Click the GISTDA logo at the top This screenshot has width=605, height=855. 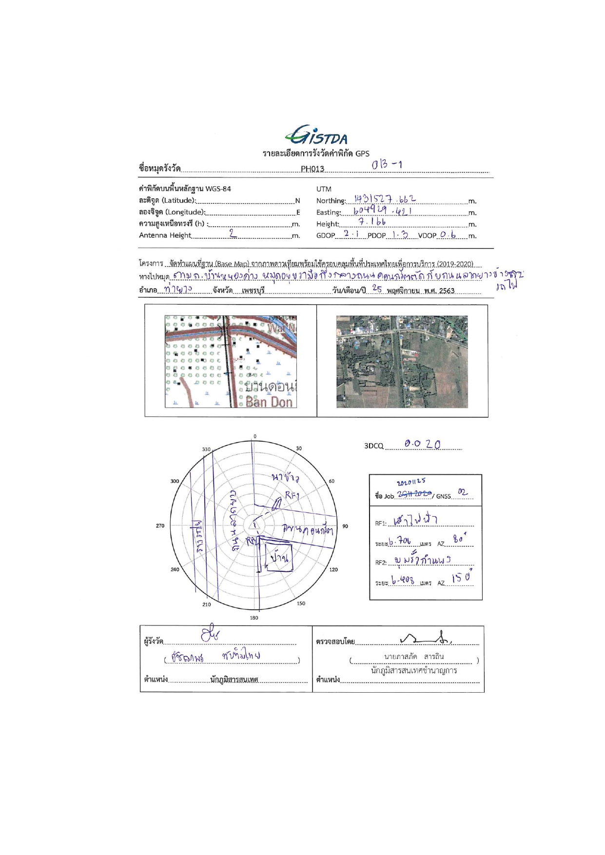pos(316,136)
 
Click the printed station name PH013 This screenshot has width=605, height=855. pos(312,169)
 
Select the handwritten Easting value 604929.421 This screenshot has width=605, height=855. pos(383,211)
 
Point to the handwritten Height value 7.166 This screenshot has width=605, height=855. pos(372,222)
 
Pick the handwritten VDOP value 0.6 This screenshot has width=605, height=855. pos(447,234)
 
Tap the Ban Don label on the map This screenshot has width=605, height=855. pos(269,402)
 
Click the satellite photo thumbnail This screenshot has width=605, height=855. pos(402,361)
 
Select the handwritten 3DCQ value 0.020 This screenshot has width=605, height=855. pos(422,445)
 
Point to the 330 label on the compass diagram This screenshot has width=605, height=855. pos(206,449)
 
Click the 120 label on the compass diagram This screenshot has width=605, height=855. pos(333,569)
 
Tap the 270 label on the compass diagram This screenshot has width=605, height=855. pos(160,526)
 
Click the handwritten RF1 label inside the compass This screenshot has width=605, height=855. pos(292,496)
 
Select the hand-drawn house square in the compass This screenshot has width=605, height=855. pos(278,556)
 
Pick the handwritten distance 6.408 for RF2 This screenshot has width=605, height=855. pos(403,581)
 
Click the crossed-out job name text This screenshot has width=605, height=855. pos(414,494)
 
